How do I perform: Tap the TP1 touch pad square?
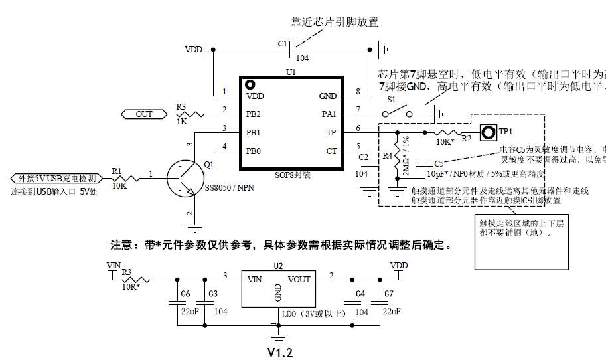pos(489,133)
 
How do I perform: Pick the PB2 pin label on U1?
pos(253,114)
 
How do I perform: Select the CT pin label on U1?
pos(332,151)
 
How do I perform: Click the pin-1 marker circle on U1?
pos(250,84)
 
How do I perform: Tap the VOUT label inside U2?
pos(299,280)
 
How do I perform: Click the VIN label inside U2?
pos(254,280)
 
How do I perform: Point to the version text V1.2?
pos(280,352)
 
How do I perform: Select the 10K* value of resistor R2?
pos(445,142)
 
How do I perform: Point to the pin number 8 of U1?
pos(358,91)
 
